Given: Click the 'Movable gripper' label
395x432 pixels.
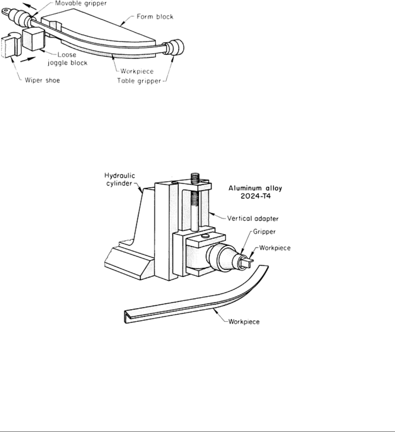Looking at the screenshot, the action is point(81,4).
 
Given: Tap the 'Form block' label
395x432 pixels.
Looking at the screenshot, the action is point(155,16).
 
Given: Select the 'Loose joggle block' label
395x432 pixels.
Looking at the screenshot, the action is point(67,59).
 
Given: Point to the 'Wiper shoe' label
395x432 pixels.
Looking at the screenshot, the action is point(42,81).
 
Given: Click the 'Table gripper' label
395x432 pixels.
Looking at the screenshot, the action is point(139,81).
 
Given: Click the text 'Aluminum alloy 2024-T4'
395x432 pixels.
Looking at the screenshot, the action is point(255,192).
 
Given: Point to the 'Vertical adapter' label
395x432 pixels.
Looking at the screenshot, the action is point(253,219).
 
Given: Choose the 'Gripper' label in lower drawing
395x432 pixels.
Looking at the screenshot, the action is point(264,232).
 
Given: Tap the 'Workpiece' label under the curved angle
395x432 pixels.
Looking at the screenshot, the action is point(244,322).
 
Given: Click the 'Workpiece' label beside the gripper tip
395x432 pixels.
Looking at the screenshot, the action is point(275,248).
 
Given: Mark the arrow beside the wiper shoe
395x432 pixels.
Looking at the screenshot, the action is point(28,59).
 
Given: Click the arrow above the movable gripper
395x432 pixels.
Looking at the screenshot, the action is point(30,6).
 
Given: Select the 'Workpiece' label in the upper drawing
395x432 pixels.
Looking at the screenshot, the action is point(137,71).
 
